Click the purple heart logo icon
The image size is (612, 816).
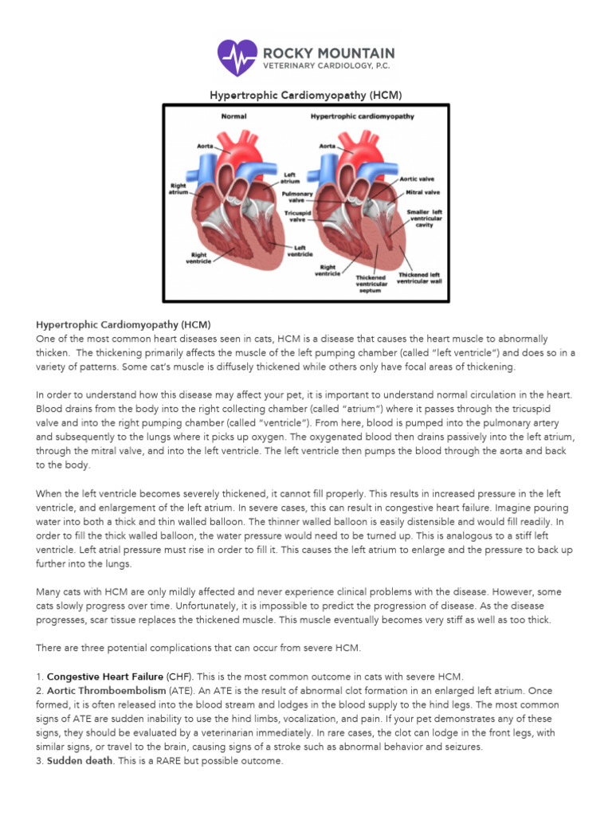(237, 57)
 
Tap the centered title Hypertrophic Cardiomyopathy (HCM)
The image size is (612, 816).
(305, 95)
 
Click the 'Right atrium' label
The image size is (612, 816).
(178, 188)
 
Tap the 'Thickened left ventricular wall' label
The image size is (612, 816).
(419, 278)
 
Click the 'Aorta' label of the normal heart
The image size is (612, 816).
(205, 147)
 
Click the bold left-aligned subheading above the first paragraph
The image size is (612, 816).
(123, 324)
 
